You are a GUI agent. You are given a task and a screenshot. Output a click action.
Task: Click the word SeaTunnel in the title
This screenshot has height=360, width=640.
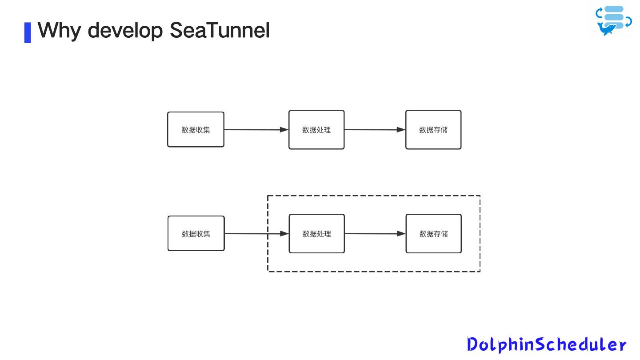[x=220, y=30]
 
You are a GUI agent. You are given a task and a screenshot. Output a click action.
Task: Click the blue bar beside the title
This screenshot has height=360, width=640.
[x=28, y=32]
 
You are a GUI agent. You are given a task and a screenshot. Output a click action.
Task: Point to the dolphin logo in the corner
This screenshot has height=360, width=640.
[x=613, y=20]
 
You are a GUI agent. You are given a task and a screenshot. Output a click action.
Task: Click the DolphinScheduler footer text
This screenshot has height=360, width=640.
[x=547, y=344]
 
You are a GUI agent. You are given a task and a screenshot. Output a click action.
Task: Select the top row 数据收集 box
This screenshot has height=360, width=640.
[x=196, y=129]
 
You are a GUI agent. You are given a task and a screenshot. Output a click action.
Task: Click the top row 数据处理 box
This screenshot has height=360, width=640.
[x=316, y=130]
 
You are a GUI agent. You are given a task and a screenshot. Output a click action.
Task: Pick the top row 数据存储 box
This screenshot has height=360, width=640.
[x=433, y=130]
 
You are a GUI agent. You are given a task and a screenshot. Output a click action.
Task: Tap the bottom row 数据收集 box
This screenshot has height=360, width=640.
[x=196, y=233]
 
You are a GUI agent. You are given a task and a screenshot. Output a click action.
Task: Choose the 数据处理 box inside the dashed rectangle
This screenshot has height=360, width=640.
[x=317, y=234]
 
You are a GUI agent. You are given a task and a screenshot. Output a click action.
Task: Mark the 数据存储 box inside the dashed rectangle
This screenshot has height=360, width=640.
[x=434, y=234]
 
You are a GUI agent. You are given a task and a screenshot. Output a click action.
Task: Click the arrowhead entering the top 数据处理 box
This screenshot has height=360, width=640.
[x=284, y=130]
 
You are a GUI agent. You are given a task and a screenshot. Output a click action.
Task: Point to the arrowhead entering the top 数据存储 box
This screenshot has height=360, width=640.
[x=401, y=130]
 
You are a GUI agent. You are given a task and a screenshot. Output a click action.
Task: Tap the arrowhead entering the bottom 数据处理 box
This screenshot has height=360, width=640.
[x=284, y=234]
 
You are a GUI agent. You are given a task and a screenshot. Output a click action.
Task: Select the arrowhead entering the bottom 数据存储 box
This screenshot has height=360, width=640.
[x=401, y=234]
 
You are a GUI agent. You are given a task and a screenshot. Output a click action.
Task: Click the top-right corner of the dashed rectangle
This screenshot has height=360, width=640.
[x=480, y=196]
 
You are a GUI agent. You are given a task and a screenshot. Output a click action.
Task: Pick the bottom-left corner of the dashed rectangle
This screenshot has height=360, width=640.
[x=268, y=271]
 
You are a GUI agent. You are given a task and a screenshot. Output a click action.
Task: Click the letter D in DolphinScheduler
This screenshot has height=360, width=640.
[x=473, y=344]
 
